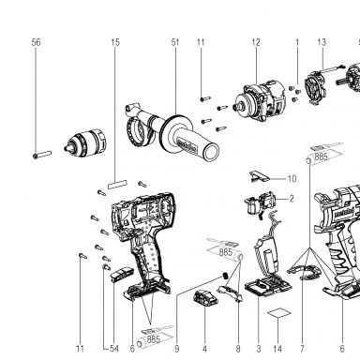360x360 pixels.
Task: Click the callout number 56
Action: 36,42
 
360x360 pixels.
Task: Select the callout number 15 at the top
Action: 115,42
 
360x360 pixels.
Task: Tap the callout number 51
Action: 175,42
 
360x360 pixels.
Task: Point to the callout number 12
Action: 256,42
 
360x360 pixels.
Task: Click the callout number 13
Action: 322,42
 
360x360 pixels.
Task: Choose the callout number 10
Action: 292,179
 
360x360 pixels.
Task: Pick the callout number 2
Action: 292,199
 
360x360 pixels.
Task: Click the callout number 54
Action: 114,349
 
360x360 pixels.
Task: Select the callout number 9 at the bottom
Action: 177,349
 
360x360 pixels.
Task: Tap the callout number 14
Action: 277,349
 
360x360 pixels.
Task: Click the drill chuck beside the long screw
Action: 85,143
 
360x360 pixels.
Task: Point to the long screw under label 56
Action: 42,155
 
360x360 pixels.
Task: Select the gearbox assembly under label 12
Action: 260,100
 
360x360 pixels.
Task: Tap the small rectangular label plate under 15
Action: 117,185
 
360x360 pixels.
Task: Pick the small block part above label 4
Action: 205,298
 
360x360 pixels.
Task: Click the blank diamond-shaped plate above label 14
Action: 278,313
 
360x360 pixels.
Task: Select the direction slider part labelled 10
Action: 259,176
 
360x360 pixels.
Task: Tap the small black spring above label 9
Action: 224,276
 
